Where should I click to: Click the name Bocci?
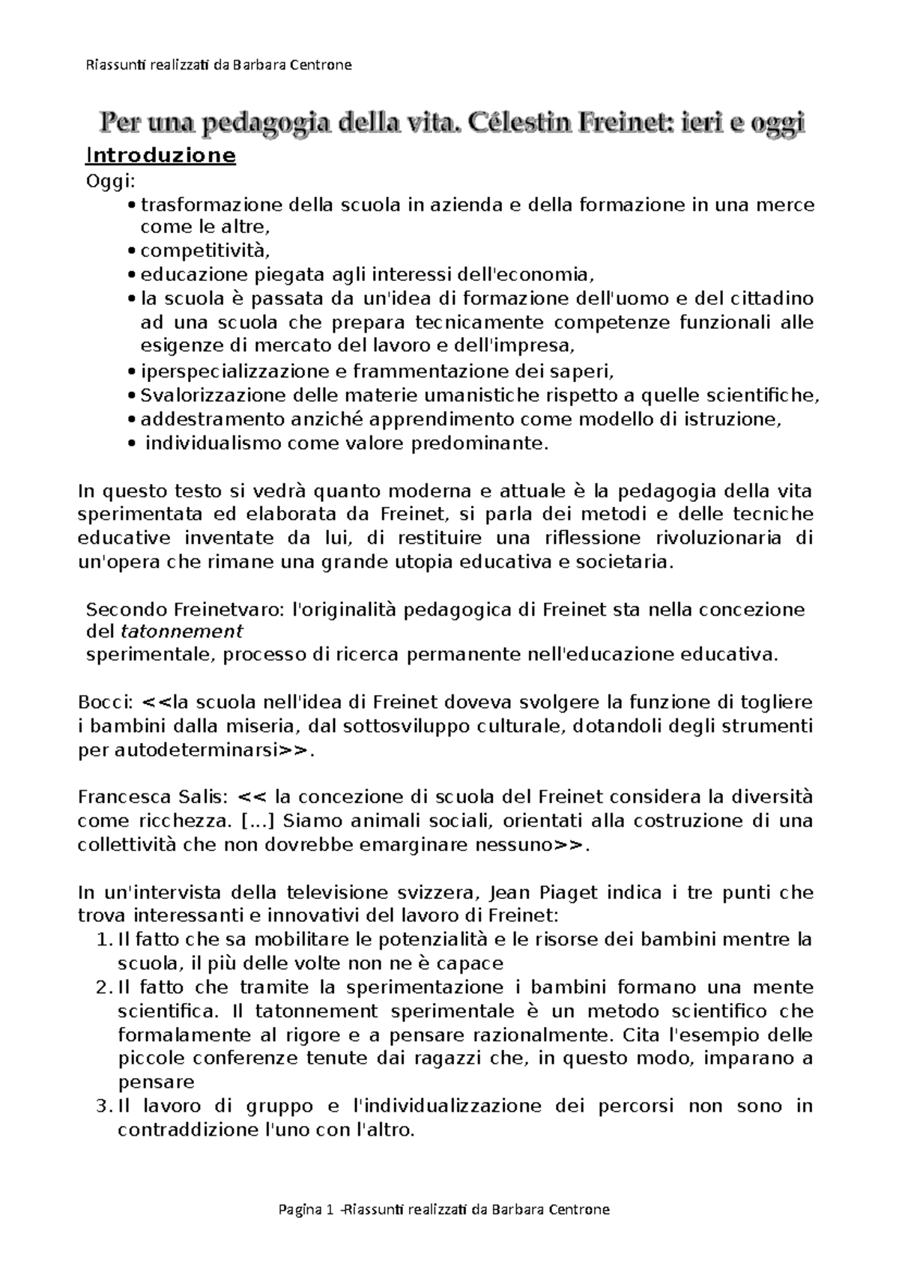(x=106, y=702)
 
